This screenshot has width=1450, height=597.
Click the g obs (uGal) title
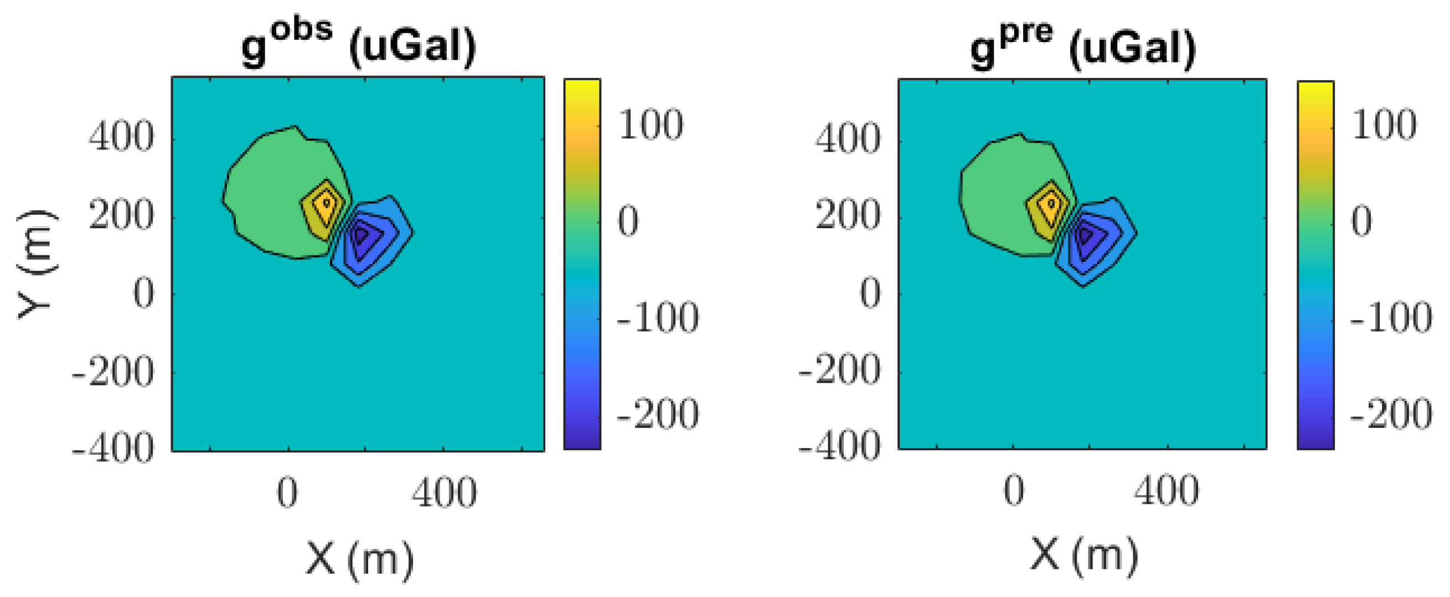pos(359,43)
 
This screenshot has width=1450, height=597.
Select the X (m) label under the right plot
pos(1083,555)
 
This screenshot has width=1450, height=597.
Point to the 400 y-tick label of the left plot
pos(121,137)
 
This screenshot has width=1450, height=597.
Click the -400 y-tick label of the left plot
pos(113,449)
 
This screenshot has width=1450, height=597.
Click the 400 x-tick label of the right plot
pos(1167,491)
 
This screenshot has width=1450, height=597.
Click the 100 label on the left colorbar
pos(651,125)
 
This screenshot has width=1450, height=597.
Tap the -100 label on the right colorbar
pos(1391,318)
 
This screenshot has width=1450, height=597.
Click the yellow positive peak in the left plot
pos(326,202)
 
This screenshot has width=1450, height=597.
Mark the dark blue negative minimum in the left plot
pos(361,234)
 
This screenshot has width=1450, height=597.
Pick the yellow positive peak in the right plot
pos(1050,203)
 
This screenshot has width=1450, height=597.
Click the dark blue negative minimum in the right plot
pos(1085,234)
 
